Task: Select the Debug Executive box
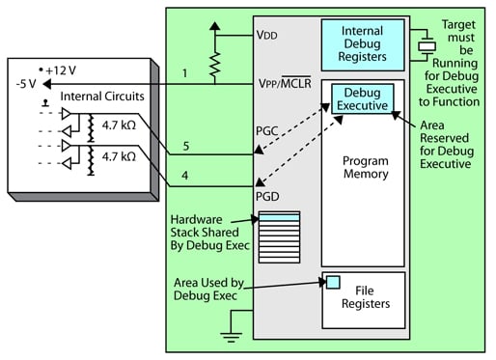coord(361,97)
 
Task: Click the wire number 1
coord(183,71)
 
